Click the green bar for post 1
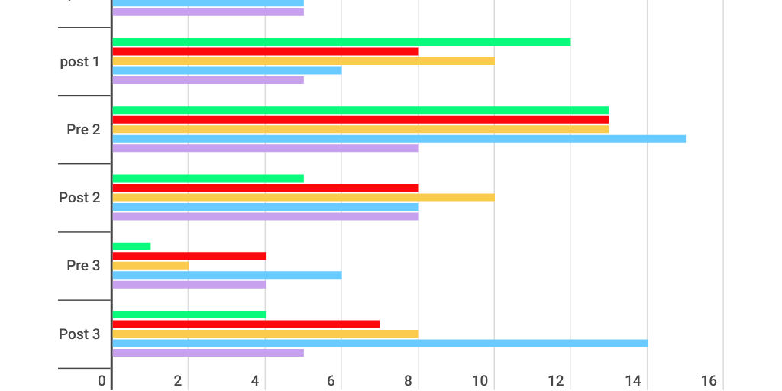point(341,42)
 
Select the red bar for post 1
point(265,51)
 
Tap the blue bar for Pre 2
point(399,139)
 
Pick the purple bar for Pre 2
point(265,148)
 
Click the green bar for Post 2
point(208,179)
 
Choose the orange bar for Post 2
point(303,197)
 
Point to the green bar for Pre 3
point(131,247)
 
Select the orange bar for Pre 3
point(150,266)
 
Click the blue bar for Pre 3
point(227,275)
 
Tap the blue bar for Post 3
point(380,343)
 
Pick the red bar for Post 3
point(246,324)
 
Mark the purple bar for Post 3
point(208,353)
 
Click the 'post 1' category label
point(79,62)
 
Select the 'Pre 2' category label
point(83,130)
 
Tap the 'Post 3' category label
point(79,334)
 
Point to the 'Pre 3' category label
point(83,266)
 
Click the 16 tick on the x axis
point(709,380)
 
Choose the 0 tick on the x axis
point(102,380)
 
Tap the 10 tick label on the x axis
point(481,380)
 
